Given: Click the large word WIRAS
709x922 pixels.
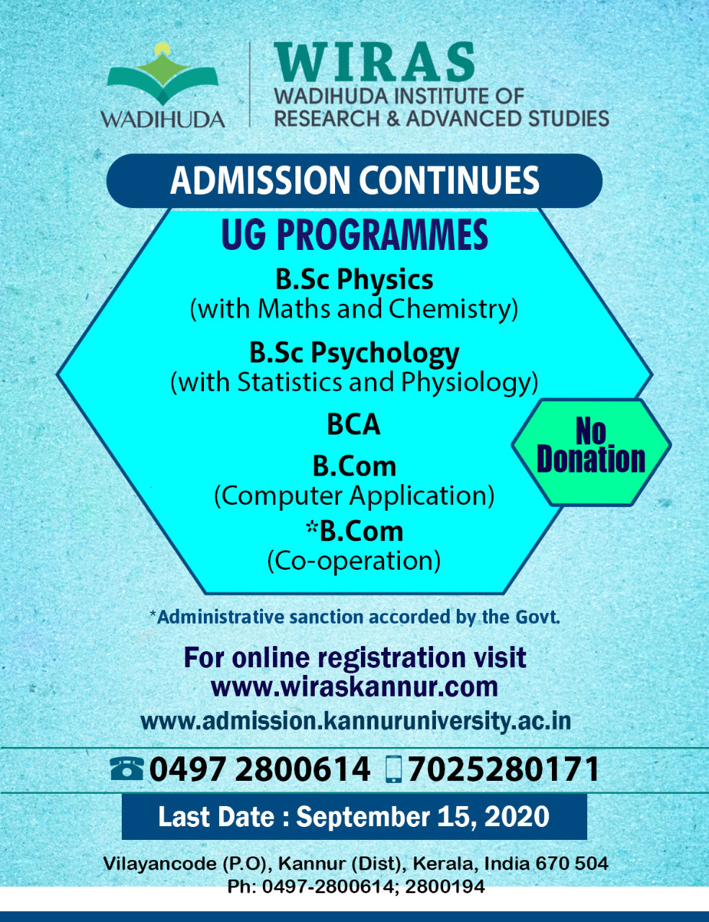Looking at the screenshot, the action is click(x=374, y=62).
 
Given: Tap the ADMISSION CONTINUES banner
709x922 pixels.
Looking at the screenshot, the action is click(x=354, y=181).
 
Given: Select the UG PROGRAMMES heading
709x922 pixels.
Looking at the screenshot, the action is click(x=354, y=235).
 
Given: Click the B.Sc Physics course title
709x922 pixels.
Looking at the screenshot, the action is click(x=354, y=280).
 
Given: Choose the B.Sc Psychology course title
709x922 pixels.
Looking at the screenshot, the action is click(x=354, y=354).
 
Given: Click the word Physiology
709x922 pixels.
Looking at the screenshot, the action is click(x=470, y=382).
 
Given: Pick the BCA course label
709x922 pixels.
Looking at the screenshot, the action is click(x=354, y=425).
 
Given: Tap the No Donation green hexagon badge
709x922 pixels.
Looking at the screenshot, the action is click(x=591, y=452).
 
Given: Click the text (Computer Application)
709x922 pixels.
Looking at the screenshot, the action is click(x=354, y=496).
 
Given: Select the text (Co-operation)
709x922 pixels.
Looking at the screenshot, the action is click(x=354, y=561).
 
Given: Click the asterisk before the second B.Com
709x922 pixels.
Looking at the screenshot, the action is click(x=312, y=527).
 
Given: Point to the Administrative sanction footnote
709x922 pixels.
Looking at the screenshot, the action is click(x=354, y=617).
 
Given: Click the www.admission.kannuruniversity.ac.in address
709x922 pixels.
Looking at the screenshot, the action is click(x=355, y=721).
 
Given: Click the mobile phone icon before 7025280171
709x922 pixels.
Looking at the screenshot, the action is click(x=393, y=769).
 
